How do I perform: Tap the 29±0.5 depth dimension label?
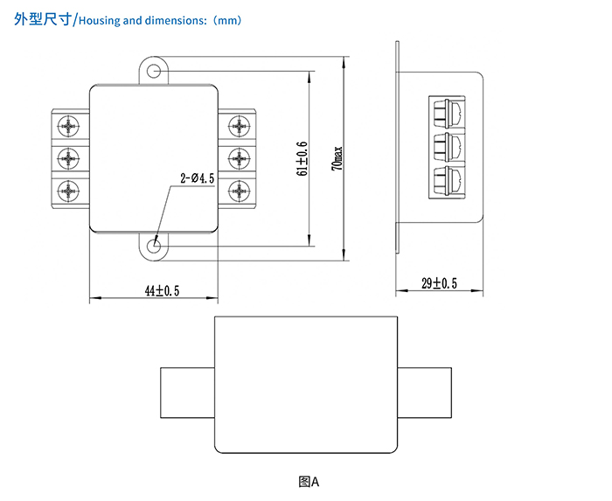pos(439,282)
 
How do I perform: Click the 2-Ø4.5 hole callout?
pos(198,178)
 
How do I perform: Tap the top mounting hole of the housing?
pos(155,70)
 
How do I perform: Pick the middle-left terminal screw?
pos(69,157)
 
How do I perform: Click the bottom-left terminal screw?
pos(69,190)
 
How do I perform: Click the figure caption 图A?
pos(309,481)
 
